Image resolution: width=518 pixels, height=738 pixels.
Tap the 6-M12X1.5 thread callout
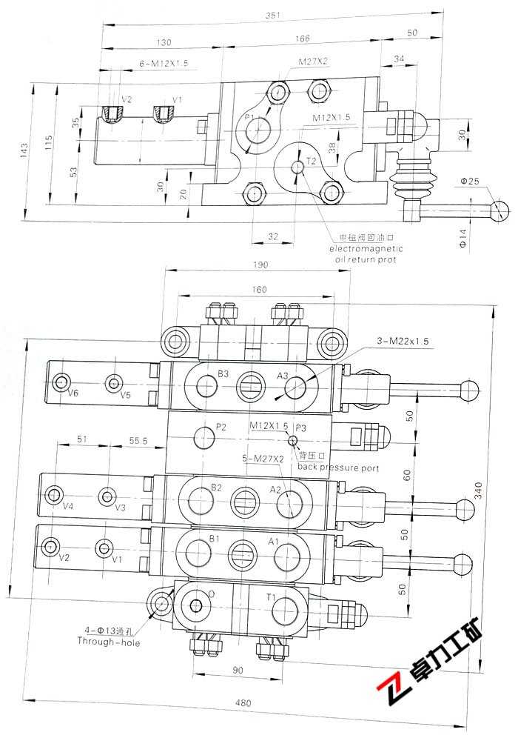[164, 64]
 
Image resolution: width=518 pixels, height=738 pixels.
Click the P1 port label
[249, 118]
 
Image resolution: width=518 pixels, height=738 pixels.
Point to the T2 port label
[311, 161]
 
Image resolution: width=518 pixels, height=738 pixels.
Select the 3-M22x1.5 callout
[403, 342]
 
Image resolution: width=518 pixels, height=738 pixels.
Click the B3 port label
[223, 373]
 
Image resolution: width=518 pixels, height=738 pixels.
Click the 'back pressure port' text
[338, 468]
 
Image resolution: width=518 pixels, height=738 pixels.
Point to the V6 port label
[73, 393]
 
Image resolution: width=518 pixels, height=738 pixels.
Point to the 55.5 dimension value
[138, 440]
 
